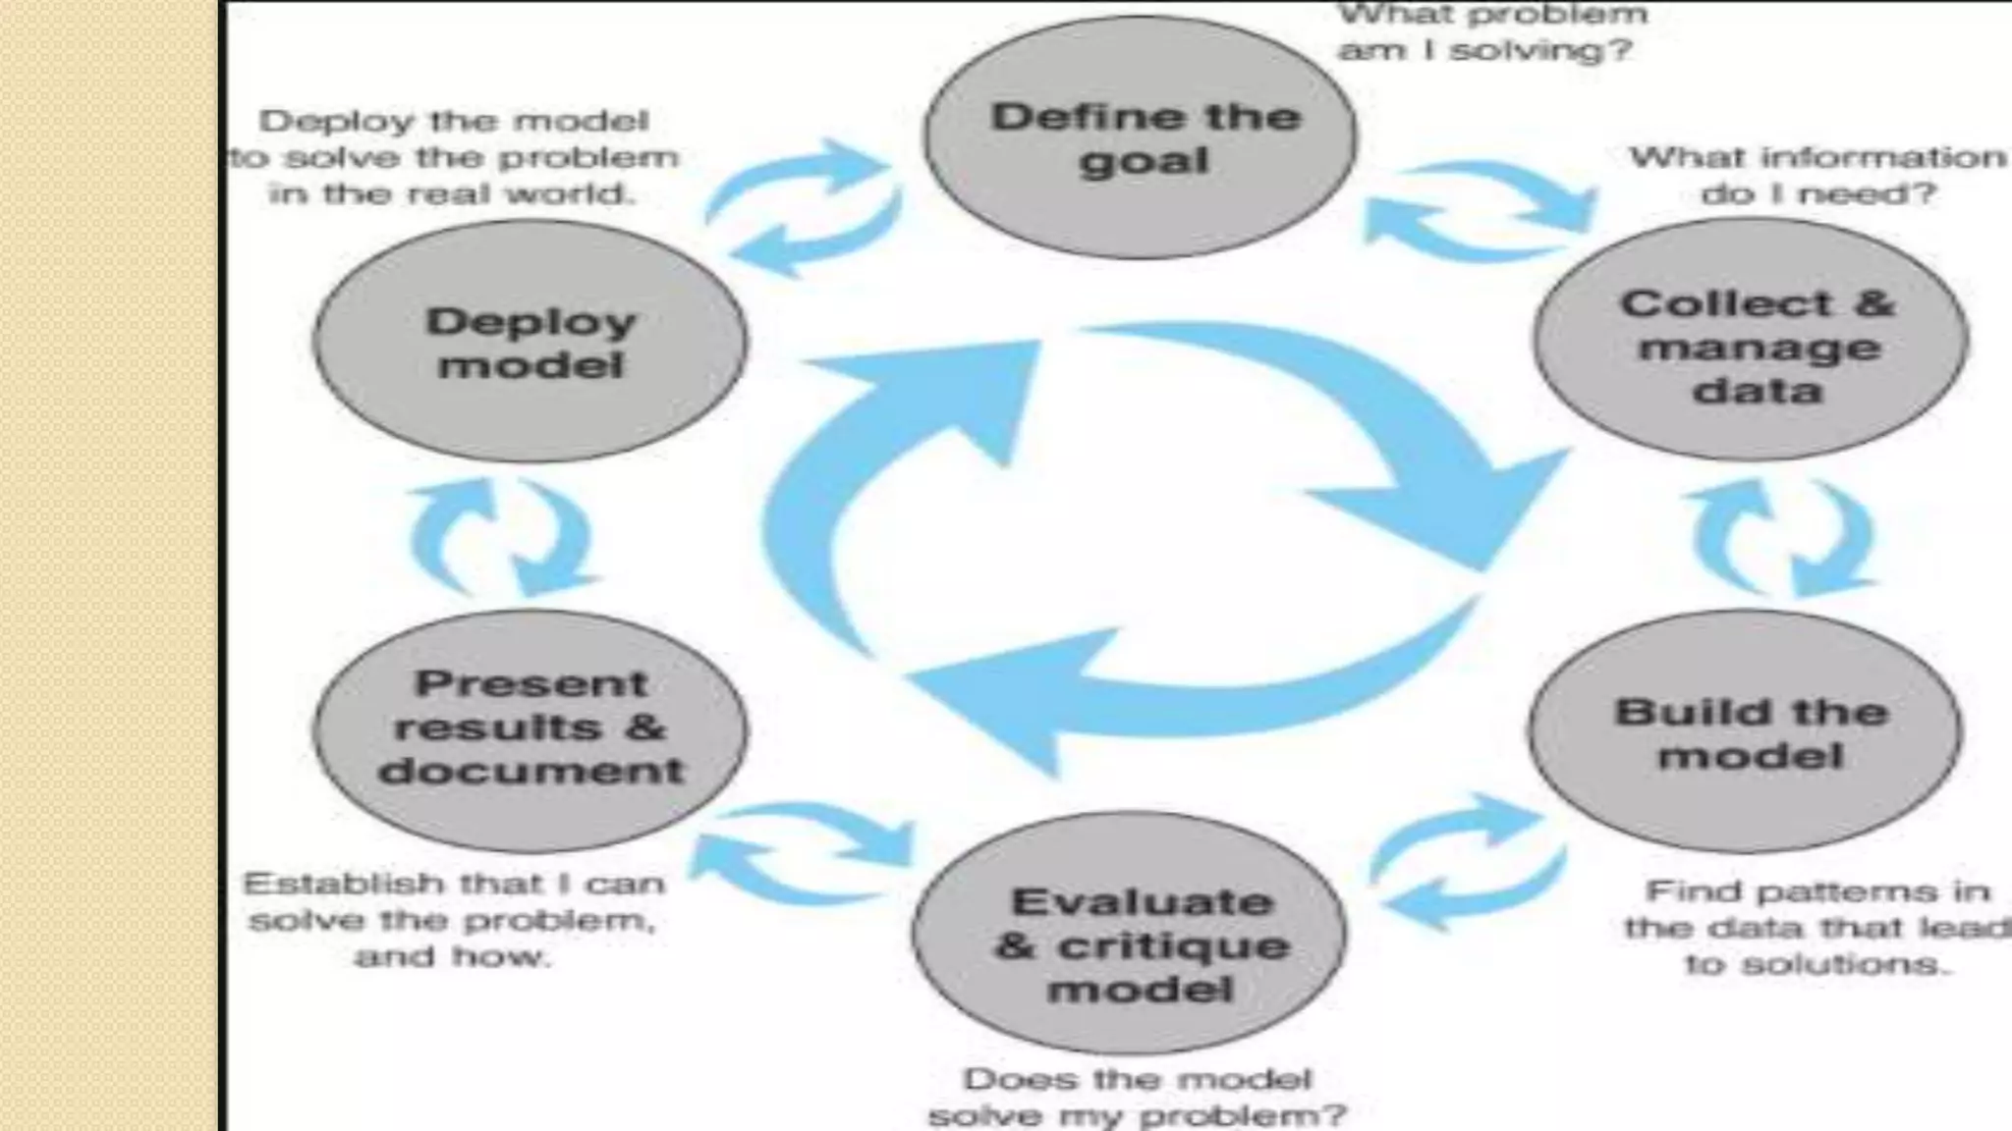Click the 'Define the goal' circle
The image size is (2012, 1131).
tap(1140, 137)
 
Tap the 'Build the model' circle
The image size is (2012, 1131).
tap(1746, 731)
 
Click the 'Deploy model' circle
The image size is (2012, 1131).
tap(531, 341)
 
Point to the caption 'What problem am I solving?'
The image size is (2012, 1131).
tap(1491, 32)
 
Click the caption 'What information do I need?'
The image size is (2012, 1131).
tap(1817, 175)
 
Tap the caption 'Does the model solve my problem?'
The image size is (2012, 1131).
tap(1138, 1098)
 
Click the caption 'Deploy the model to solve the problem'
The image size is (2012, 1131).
tap(454, 157)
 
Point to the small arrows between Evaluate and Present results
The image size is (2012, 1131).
tap(801, 852)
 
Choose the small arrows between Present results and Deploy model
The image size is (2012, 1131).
tap(501, 537)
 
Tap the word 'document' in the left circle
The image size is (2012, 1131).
tap(531, 771)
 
